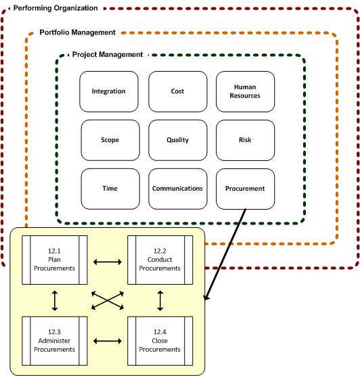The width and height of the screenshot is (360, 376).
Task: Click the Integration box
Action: (109, 91)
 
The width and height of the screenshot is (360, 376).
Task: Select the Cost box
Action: (177, 91)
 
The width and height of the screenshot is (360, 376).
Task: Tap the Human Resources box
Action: (246, 91)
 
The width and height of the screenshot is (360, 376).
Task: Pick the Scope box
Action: (110, 140)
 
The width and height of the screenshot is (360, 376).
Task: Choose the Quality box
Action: (177, 140)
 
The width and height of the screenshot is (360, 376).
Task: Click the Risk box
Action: (245, 140)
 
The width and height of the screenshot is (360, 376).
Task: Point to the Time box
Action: (110, 188)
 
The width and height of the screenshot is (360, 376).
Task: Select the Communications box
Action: (177, 188)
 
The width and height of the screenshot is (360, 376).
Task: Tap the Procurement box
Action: (245, 189)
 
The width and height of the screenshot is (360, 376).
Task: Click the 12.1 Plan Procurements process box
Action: (57, 260)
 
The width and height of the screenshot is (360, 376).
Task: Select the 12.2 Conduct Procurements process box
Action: (160, 260)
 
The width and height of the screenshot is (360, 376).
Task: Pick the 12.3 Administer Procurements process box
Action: (57, 341)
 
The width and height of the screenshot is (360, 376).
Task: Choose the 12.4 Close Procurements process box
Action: (160, 341)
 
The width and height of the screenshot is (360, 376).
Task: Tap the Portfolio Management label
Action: (77, 32)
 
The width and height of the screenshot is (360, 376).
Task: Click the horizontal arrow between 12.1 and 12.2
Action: (108, 260)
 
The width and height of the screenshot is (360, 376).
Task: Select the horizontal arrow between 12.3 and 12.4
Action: (108, 342)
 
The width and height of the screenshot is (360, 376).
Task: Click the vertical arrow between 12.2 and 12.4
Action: (160, 300)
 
